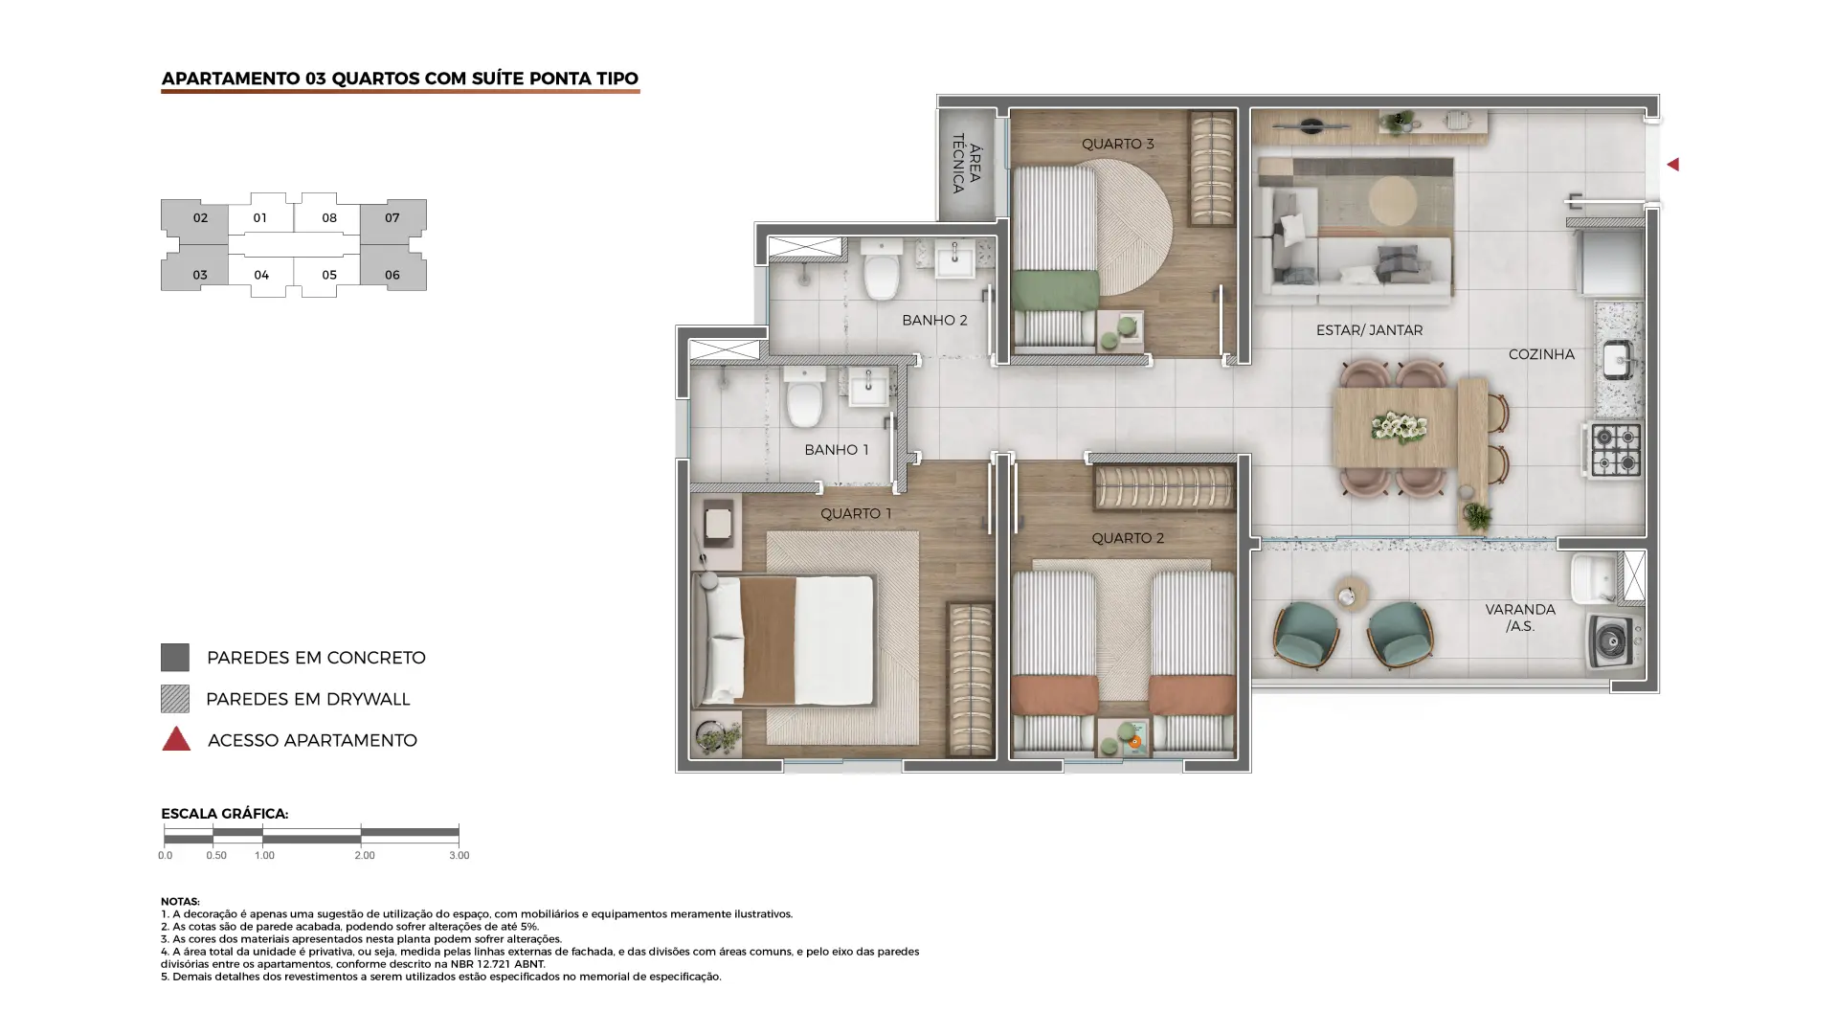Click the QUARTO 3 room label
[x=1117, y=144]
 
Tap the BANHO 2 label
[x=934, y=320]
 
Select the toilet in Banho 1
[x=804, y=398]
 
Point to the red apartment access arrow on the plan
[x=1672, y=165]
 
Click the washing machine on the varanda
[x=1613, y=641]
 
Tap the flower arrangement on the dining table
[x=1399, y=427]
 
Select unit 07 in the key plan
[x=392, y=218]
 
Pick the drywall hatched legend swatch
[x=175, y=699]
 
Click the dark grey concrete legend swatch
[x=175, y=658]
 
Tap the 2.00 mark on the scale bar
[x=364, y=855]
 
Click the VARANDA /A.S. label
[x=1520, y=618]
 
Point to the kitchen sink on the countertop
[x=1617, y=361]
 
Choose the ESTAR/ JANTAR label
[x=1369, y=330]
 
